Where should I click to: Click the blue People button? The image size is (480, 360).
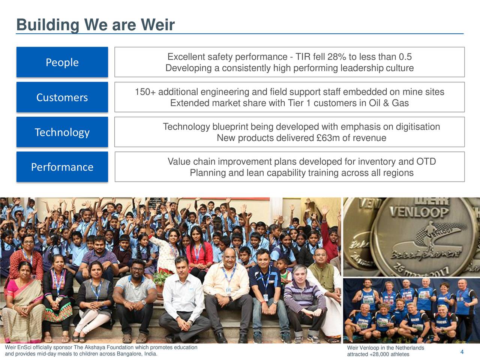click(62, 62)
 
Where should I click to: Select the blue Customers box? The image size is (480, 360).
click(62, 97)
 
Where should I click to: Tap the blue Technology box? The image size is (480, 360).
click(62, 132)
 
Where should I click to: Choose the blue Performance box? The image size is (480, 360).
click(62, 167)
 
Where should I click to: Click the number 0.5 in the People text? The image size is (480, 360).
click(405, 57)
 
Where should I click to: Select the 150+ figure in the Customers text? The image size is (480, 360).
click(145, 92)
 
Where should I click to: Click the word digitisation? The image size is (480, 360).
click(417, 127)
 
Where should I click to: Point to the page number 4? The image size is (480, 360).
click(462, 352)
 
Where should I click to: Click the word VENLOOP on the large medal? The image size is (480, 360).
click(419, 213)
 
